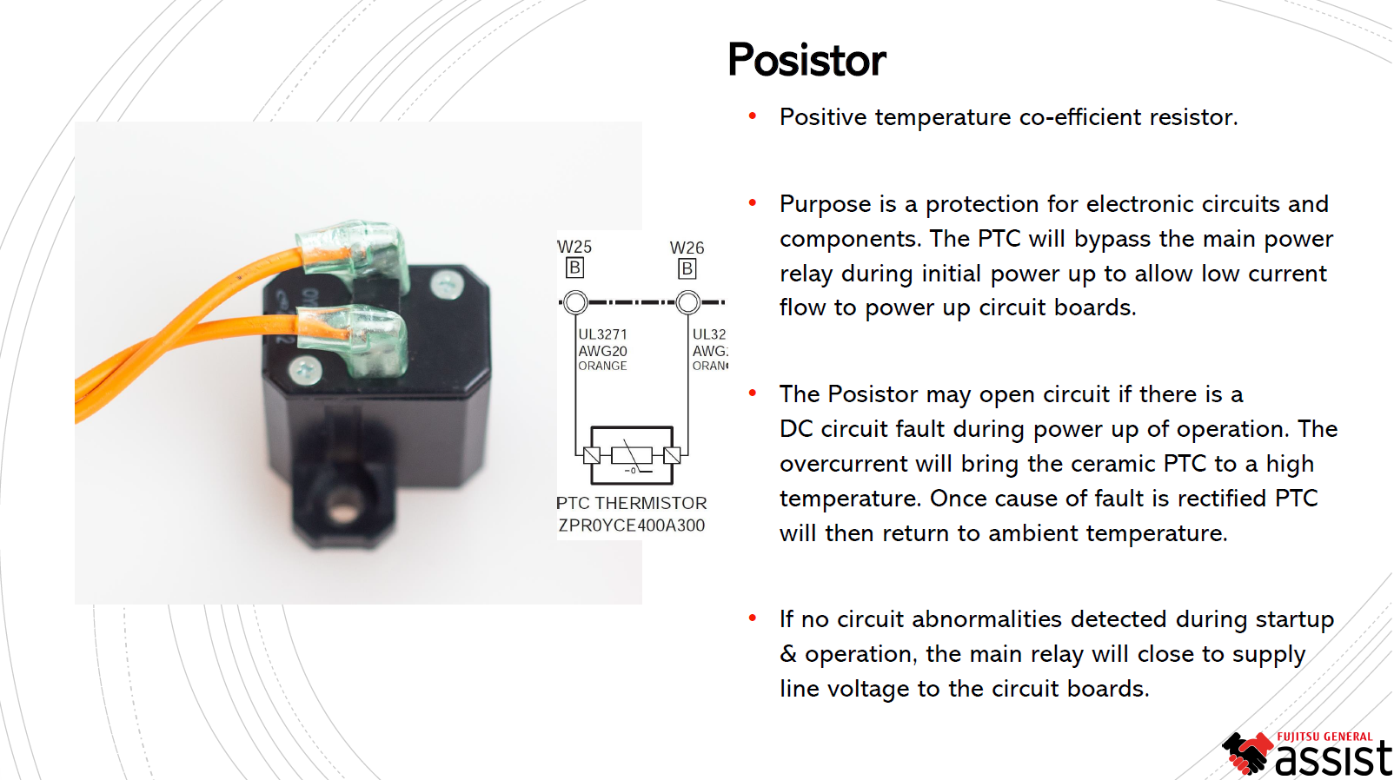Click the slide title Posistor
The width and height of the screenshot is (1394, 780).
(807, 60)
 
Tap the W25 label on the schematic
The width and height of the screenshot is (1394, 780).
(574, 247)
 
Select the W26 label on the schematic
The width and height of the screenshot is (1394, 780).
(687, 248)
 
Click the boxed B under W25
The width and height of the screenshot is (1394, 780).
(574, 268)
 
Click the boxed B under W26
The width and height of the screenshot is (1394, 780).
(687, 268)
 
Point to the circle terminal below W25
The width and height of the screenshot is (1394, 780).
(575, 302)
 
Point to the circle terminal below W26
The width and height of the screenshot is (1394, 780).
(687, 302)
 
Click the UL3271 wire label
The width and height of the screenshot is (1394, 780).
(602, 334)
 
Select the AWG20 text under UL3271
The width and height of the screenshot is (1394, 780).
(602, 351)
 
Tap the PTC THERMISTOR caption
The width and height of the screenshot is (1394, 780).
(631, 503)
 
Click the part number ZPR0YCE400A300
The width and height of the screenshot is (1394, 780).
(631, 526)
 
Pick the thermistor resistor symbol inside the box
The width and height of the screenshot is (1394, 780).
(632, 454)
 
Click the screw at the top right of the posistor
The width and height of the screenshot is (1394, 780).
(447, 282)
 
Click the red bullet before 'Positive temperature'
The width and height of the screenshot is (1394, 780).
(753, 116)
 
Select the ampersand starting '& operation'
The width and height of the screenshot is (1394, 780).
(787, 654)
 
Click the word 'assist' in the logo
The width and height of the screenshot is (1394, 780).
(1333, 758)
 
